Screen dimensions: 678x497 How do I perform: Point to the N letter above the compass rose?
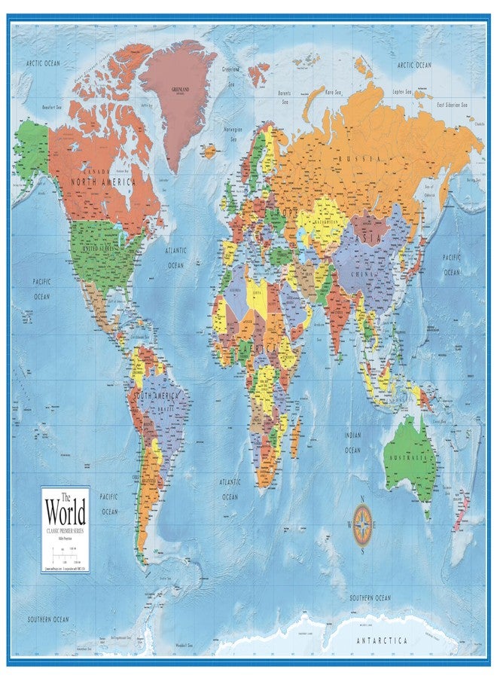(x=363, y=499)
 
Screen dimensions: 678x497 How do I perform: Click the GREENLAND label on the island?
(x=181, y=87)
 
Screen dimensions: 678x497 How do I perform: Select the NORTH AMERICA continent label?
(x=103, y=182)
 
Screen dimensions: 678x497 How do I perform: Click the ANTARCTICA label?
(x=383, y=640)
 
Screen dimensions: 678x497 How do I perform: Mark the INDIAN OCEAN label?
(x=353, y=442)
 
